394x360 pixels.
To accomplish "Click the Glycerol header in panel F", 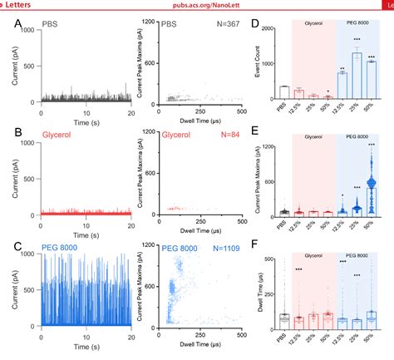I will click(x=313, y=249).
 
